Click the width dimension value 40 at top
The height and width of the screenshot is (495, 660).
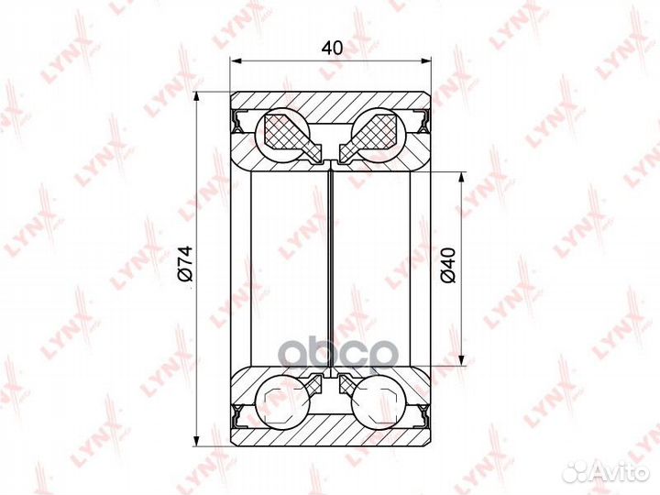[x=331, y=49]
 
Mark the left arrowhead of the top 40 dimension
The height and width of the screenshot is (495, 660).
[x=235, y=61]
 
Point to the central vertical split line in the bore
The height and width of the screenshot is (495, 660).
[x=331, y=266]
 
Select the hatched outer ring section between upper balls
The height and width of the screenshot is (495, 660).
[x=331, y=108]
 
